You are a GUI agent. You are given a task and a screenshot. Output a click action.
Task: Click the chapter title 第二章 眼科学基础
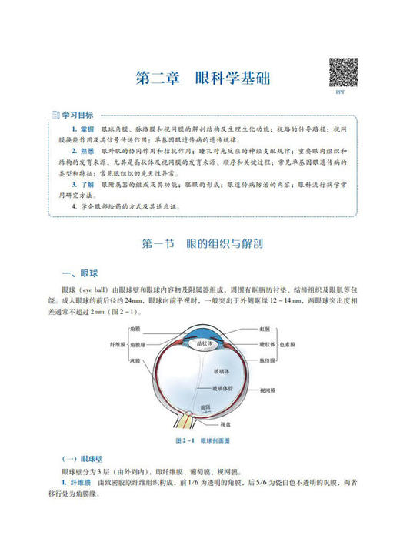(x=202, y=79)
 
